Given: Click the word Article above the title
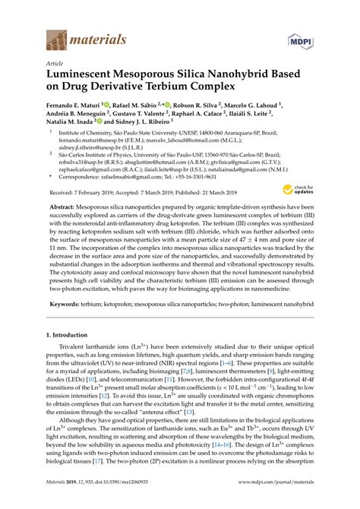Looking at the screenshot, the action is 55,64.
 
